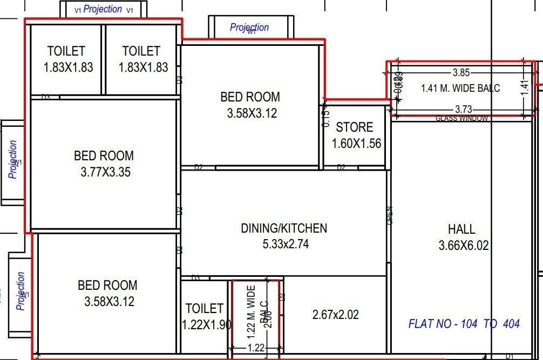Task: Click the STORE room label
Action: [x=354, y=127]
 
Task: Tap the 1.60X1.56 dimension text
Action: [x=356, y=144]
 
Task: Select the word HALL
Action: [x=461, y=229]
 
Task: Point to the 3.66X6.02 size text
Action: [x=463, y=246]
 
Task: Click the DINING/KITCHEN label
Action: [x=284, y=228]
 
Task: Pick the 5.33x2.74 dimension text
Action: [x=286, y=244]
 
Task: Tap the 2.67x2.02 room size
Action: [x=335, y=314]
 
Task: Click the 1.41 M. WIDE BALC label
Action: [x=460, y=88]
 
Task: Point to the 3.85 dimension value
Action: [x=461, y=72]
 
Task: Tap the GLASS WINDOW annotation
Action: [x=462, y=118]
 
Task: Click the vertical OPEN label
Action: [x=390, y=215]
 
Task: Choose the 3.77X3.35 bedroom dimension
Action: [x=104, y=173]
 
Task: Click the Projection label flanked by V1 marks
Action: [x=103, y=9]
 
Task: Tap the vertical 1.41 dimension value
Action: [x=522, y=87]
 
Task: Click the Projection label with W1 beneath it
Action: [x=249, y=27]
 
